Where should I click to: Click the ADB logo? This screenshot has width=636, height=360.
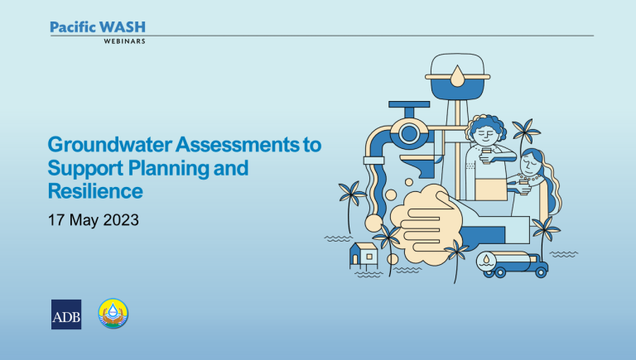(x=66, y=314)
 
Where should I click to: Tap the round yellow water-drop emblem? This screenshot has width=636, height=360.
(x=113, y=314)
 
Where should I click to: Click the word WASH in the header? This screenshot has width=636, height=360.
(x=122, y=27)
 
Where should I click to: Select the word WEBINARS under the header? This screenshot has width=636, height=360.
(x=124, y=41)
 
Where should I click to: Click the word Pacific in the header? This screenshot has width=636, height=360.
(x=73, y=27)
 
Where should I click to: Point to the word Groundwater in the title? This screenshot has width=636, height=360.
(x=109, y=144)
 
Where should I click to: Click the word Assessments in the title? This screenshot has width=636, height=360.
(x=238, y=144)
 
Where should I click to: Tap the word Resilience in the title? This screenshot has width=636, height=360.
(x=95, y=191)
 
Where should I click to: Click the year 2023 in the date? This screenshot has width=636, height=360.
(x=121, y=220)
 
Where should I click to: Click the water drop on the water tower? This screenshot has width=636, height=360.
(x=457, y=77)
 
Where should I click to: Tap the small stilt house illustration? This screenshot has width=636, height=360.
(x=364, y=257)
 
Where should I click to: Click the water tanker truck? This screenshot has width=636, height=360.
(x=512, y=264)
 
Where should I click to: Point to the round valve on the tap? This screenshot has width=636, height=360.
(x=409, y=133)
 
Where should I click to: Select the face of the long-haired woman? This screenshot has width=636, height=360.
(x=529, y=165)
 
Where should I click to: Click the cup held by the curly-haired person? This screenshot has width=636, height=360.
(x=486, y=156)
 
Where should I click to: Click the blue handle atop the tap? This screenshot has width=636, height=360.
(x=409, y=104)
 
